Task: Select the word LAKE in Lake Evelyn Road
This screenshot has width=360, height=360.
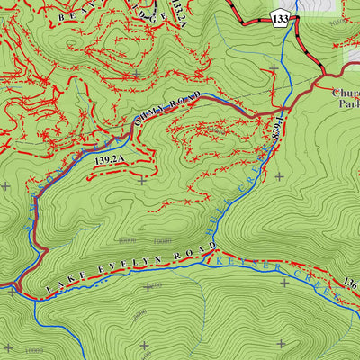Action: [61, 283]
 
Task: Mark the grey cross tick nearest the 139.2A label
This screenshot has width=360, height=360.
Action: [142, 180]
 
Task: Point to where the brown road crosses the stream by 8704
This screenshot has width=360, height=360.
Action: [286, 105]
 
